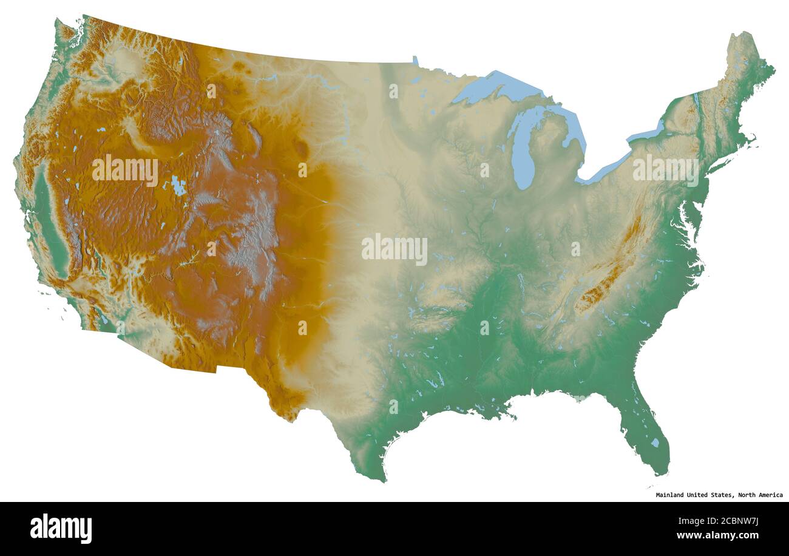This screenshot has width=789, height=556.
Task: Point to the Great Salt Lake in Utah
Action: point(178,186)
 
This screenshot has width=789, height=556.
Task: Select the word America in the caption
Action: point(767,495)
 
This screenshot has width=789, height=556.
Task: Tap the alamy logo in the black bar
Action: point(61,528)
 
